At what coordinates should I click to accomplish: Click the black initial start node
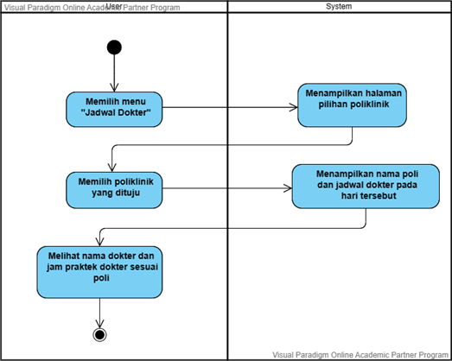point(113,47)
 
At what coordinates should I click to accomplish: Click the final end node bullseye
point(100,334)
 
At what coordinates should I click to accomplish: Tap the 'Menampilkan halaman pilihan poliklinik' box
point(352,104)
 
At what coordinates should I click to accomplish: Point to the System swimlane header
point(338,7)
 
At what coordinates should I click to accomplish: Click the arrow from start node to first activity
point(113,73)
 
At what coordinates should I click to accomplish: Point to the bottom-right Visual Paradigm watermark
point(360,354)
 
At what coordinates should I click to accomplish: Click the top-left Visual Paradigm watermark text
point(60,6)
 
